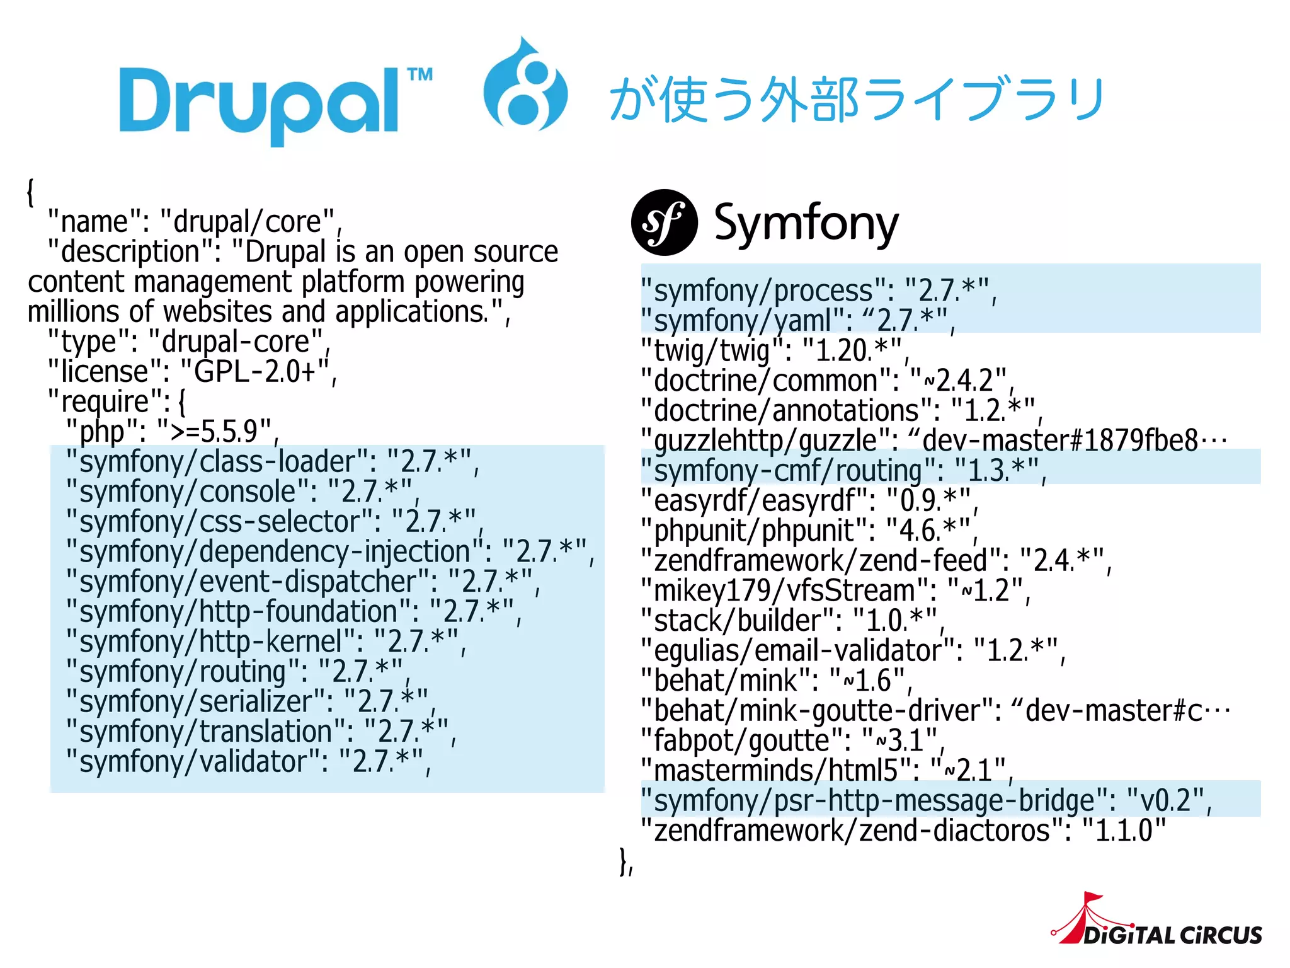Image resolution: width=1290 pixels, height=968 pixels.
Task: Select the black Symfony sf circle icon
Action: (664, 222)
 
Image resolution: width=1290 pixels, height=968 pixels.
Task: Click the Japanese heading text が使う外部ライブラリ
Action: (857, 100)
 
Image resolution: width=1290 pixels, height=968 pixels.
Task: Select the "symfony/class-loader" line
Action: (271, 462)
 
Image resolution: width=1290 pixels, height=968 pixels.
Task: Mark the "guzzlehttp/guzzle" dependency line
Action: (932, 441)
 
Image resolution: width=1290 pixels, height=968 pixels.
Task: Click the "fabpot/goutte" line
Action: (790, 740)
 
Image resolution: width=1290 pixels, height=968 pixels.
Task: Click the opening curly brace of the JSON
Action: (30, 192)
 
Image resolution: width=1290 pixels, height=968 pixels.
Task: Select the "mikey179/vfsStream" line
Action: (835, 591)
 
